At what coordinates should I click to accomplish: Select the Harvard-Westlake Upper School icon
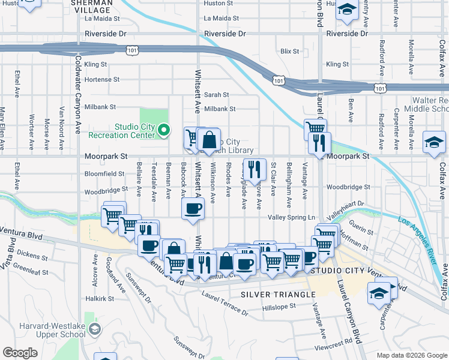tap(95, 328)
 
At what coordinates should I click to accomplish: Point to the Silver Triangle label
tap(278, 295)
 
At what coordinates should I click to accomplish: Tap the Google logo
tap(20, 353)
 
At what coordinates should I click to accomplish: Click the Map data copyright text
tap(412, 355)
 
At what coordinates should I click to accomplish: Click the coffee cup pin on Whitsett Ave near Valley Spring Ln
tap(193, 208)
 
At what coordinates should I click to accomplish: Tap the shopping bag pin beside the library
tap(208, 141)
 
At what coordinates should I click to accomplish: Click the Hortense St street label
tap(102, 79)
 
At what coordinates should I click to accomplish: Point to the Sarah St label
tap(216, 95)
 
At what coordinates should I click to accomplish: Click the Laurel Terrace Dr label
tap(225, 302)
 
